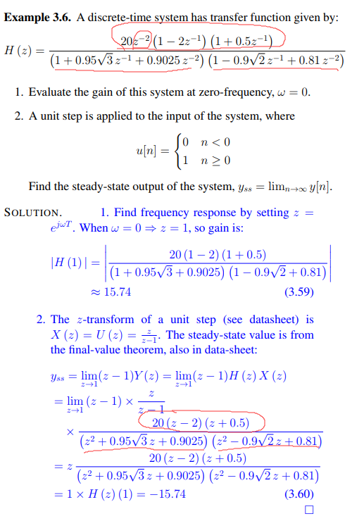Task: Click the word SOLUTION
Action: [x=32, y=212]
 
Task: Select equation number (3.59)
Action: [x=298, y=291]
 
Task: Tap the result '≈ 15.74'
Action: [x=116, y=291]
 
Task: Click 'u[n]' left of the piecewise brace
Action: [x=147, y=151]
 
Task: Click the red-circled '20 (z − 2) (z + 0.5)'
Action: [x=201, y=422]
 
